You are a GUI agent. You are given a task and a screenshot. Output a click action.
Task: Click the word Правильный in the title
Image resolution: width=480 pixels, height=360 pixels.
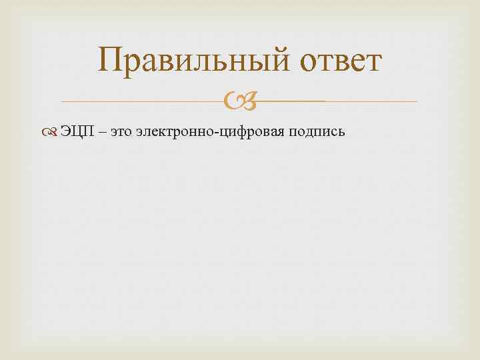[x=194, y=62]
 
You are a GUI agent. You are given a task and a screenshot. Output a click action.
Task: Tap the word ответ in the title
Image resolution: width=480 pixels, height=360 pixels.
[x=341, y=62]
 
